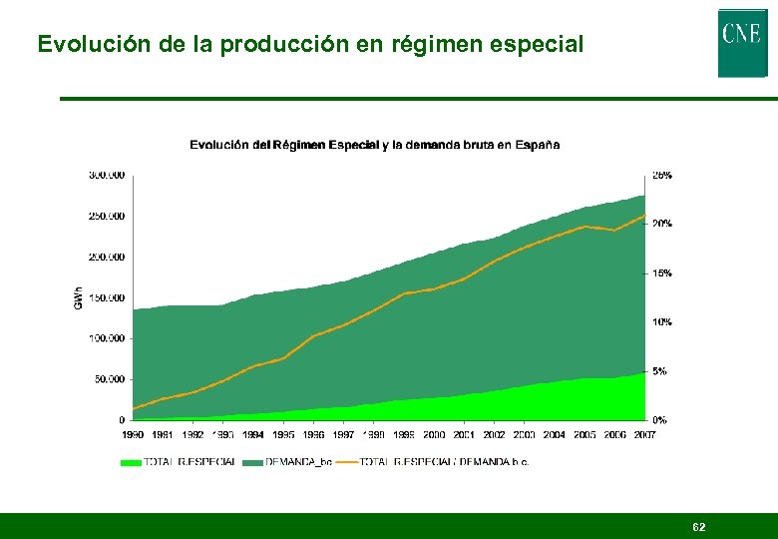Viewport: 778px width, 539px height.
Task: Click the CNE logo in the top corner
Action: tap(742, 42)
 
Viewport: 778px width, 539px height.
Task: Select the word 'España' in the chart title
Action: tap(537, 145)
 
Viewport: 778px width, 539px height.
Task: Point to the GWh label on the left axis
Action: tap(79, 297)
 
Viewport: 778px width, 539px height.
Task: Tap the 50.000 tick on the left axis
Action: tap(110, 379)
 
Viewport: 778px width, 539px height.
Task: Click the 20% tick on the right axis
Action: tap(662, 224)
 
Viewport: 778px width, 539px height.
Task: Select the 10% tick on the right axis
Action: tap(662, 322)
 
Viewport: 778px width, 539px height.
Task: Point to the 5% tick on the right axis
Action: tap(659, 371)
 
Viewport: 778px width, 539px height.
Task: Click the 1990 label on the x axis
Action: tap(133, 435)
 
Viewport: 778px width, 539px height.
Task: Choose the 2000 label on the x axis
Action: tap(434, 435)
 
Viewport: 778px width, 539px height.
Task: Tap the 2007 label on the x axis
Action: tap(644, 435)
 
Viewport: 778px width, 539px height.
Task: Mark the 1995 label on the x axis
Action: tap(283, 435)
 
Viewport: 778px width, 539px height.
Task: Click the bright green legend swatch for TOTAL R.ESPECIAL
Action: tap(131, 462)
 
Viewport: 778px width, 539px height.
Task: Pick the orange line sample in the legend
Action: tap(347, 462)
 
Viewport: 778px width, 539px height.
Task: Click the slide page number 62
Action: tap(699, 526)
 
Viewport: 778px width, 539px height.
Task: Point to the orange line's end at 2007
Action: tap(644, 215)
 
